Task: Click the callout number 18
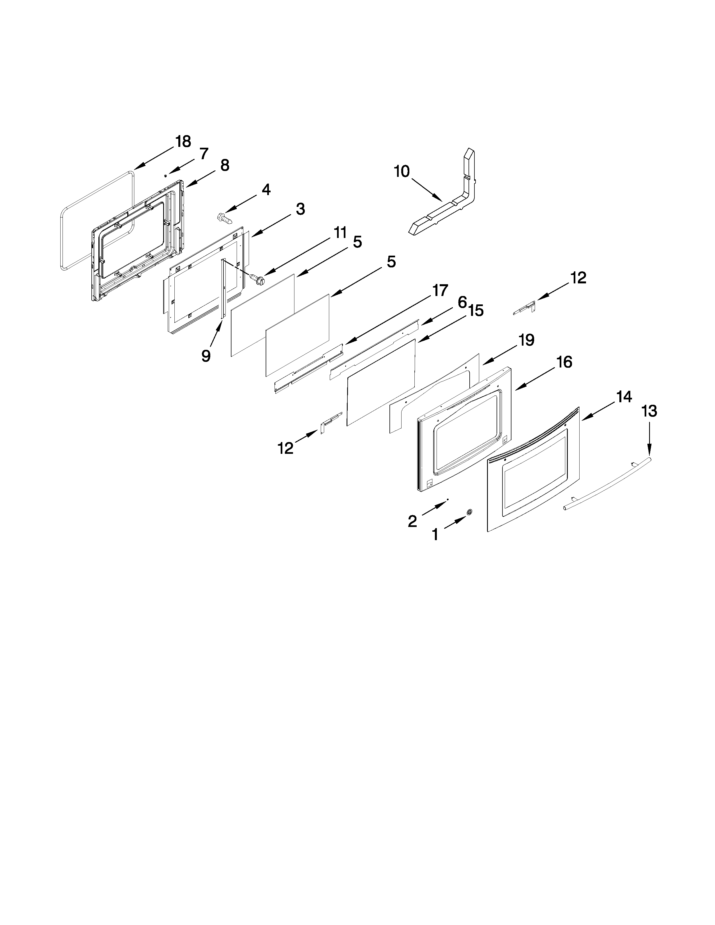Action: click(183, 142)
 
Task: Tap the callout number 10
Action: click(402, 172)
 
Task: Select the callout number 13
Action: click(649, 411)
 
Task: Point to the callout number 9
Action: click(206, 356)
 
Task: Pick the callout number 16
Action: click(564, 362)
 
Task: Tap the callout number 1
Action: click(435, 535)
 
